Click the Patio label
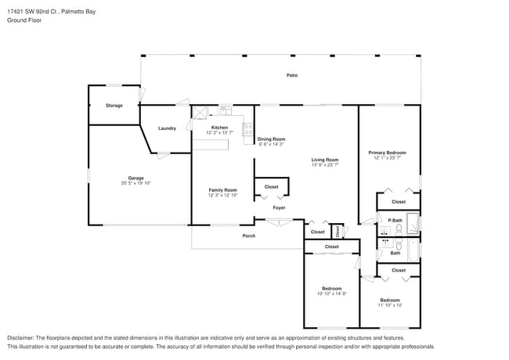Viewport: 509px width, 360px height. click(x=291, y=75)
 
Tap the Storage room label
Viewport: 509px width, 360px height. click(x=114, y=105)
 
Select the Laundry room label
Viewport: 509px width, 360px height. click(x=167, y=128)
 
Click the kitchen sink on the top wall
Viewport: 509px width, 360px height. click(x=225, y=111)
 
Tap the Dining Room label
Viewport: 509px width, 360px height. click(x=271, y=139)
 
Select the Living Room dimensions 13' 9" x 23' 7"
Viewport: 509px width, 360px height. click(x=326, y=164)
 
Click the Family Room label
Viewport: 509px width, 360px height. click(x=222, y=190)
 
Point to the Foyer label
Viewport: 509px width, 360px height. click(x=279, y=207)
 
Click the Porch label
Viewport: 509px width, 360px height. click(x=248, y=236)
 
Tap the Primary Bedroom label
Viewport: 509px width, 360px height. click(x=389, y=153)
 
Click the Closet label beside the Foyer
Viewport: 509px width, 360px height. click(x=271, y=187)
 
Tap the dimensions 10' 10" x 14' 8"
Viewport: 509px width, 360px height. click(x=332, y=293)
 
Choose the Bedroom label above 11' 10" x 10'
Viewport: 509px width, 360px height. click(x=389, y=300)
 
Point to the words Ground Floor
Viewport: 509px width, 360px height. click(x=23, y=20)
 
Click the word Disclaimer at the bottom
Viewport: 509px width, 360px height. click(x=22, y=338)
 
